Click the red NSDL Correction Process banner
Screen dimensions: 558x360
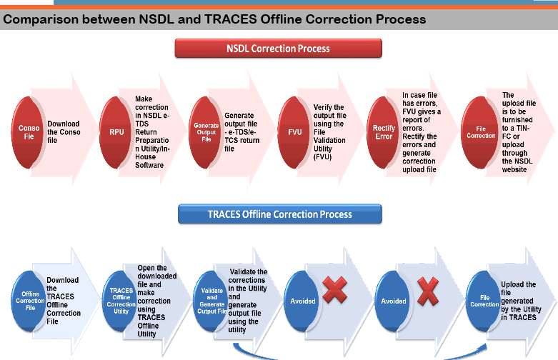(279, 49)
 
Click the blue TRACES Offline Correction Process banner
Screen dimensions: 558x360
(279, 214)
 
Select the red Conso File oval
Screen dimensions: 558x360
(27, 132)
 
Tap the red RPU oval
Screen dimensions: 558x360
(116, 132)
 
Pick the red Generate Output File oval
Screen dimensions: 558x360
(205, 132)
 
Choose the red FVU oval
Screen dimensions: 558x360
(294, 132)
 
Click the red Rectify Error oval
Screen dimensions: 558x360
(383, 132)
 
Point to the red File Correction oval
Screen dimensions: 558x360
(479, 132)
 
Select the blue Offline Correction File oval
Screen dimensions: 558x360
(29, 301)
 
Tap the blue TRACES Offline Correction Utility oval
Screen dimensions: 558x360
(120, 301)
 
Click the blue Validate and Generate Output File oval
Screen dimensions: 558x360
(211, 301)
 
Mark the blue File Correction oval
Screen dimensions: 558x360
(483, 301)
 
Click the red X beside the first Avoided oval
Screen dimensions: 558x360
(334, 290)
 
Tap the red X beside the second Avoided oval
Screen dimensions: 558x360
(428, 291)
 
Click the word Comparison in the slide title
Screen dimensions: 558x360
(41, 19)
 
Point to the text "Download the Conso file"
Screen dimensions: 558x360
(64, 132)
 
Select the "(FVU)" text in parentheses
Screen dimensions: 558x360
(322, 157)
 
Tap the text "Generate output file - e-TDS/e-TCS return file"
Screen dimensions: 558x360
(241, 132)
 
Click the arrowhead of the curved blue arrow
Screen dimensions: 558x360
(484, 347)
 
